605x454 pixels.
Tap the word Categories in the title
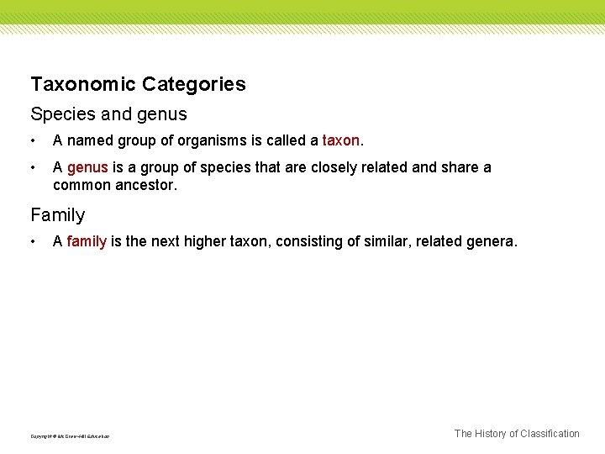[x=194, y=84]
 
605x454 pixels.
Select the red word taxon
[x=340, y=140]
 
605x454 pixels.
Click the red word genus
[x=87, y=167]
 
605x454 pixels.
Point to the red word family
[x=87, y=241]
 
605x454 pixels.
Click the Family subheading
[x=58, y=215]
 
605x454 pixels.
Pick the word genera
[x=492, y=241]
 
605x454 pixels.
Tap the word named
[x=89, y=140]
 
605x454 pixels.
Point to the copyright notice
[x=70, y=436]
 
